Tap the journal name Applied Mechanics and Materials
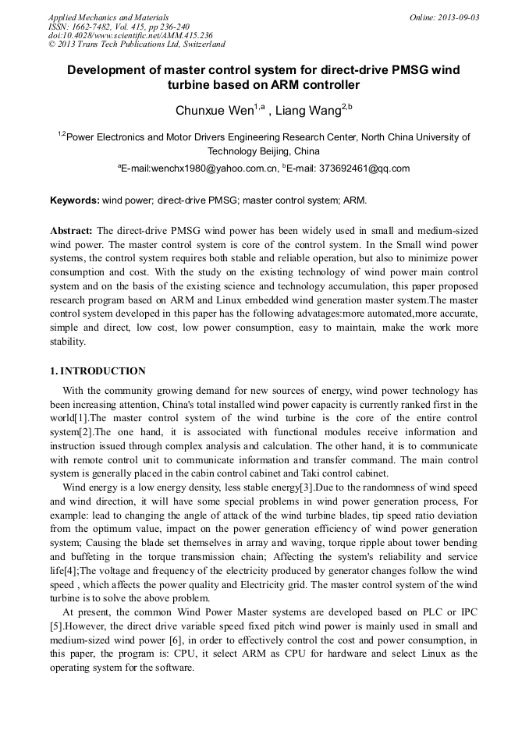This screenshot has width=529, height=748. coord(108,17)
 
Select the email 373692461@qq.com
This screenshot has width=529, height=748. coord(369,168)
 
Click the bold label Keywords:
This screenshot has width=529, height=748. coord(75,200)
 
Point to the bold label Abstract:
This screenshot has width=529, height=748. coord(72,231)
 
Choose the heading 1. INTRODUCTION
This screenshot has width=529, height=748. coord(98,371)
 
